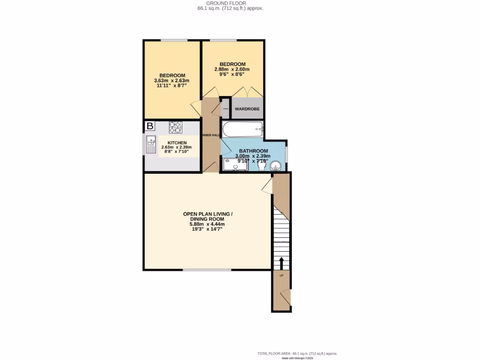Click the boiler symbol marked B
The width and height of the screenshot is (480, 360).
[150, 126]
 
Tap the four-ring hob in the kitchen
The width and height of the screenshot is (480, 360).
[175, 127]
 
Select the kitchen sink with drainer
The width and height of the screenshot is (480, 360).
[151, 144]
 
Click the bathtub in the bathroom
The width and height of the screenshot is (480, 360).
[242, 128]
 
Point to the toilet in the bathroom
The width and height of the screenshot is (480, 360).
[262, 165]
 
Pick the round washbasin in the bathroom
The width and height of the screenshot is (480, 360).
[276, 165]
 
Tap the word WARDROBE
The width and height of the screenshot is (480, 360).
[247, 109]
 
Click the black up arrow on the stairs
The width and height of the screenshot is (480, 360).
[282, 262]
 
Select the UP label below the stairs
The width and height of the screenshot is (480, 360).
[281, 275]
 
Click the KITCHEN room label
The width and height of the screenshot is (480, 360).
[177, 143]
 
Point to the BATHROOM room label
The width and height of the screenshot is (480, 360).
[253, 151]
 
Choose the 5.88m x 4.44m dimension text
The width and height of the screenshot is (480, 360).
[207, 224]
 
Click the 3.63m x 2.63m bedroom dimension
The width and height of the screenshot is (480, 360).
[172, 81]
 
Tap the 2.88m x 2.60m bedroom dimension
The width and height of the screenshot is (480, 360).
[232, 69]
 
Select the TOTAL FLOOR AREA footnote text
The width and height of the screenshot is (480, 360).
[297, 353]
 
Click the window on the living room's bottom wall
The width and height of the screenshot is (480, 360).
[207, 270]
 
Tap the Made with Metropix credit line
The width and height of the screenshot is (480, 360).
[298, 358]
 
